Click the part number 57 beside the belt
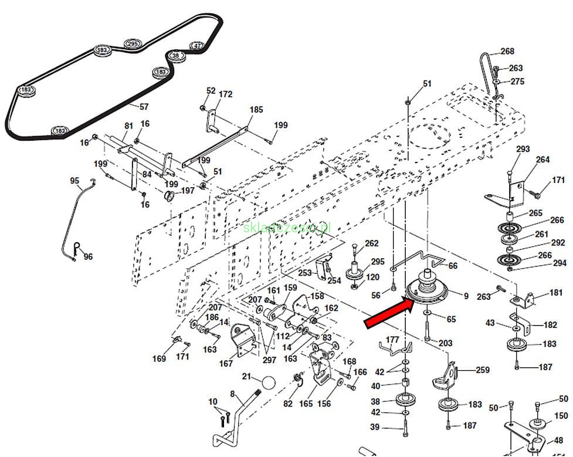click(x=143, y=107)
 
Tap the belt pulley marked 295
click(x=133, y=44)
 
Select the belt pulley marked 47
click(x=197, y=46)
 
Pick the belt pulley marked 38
click(x=175, y=56)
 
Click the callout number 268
click(x=507, y=52)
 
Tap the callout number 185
click(x=256, y=110)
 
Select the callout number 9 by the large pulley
click(x=466, y=297)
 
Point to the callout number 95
click(x=74, y=180)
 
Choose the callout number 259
click(x=482, y=370)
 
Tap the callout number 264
click(x=543, y=160)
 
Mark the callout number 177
click(x=392, y=340)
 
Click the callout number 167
click(x=226, y=364)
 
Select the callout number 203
click(x=446, y=343)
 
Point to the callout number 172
click(x=225, y=94)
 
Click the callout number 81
click(x=128, y=126)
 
